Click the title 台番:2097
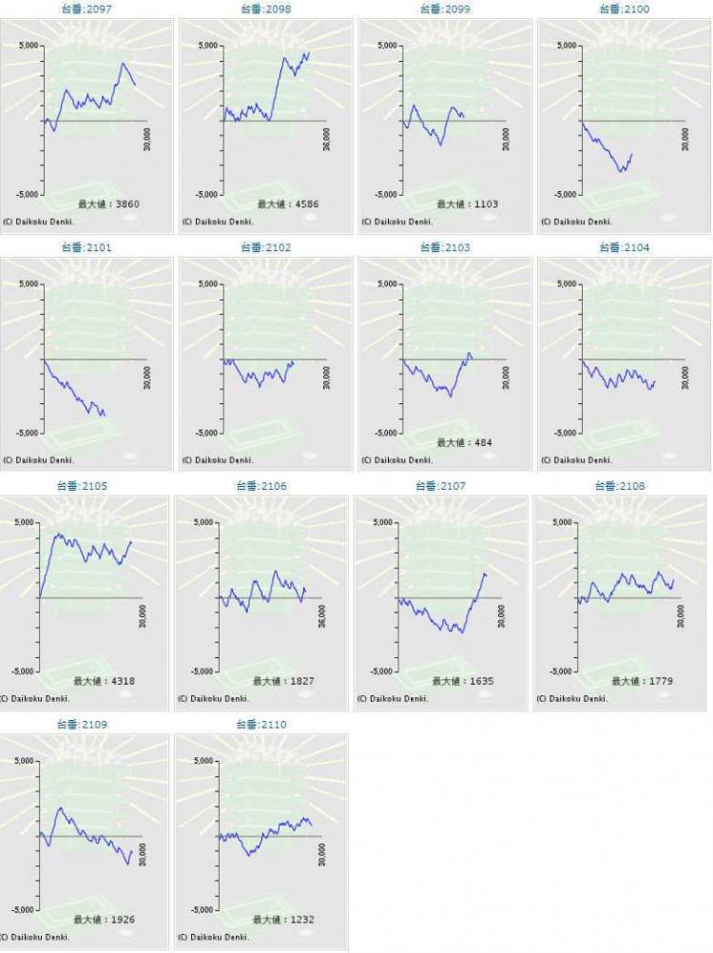[x=86, y=9]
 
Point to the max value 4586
[x=288, y=204]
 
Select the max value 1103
[x=468, y=204]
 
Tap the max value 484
[x=465, y=443]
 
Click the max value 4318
[x=105, y=682]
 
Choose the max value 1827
[x=284, y=682]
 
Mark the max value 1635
[x=464, y=682]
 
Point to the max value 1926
[x=105, y=921]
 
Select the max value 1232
[x=284, y=921]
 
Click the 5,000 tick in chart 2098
[x=207, y=46]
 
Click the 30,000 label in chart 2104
[x=685, y=378]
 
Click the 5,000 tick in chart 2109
[x=24, y=761]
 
